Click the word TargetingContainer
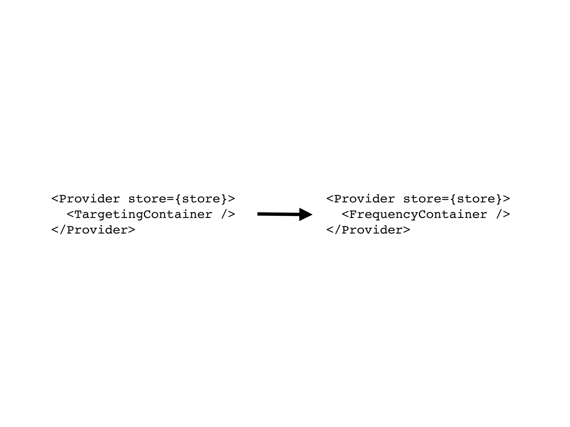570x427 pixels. click(143, 215)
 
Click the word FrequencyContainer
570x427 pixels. click(418, 215)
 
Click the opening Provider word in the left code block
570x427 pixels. click(89, 199)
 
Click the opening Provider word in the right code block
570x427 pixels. click(364, 199)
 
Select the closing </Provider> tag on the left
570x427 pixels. click(93, 230)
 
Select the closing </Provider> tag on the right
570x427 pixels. click(368, 230)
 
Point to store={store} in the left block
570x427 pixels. click(178, 199)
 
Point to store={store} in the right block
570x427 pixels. click(453, 199)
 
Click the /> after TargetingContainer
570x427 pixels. click(228, 215)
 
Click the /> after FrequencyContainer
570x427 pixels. click(503, 215)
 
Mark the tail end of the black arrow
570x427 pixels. click(259, 214)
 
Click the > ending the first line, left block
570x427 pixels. click(232, 199)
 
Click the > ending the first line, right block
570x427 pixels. click(507, 199)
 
